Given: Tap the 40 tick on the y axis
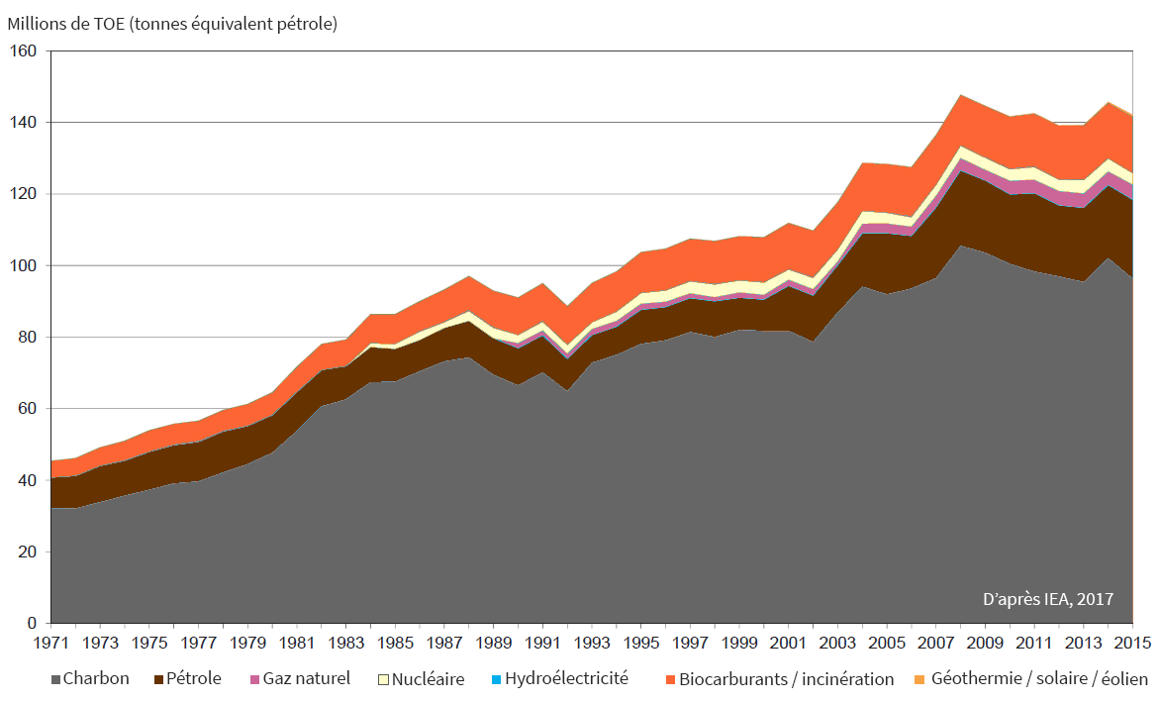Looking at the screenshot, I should pyautogui.click(x=27, y=480).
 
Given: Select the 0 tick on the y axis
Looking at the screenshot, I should pyautogui.click(x=32, y=623).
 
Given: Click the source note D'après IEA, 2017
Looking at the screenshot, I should pyautogui.click(x=1047, y=599).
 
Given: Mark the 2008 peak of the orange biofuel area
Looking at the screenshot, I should pyautogui.click(x=961, y=96).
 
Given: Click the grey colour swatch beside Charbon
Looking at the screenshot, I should pyautogui.click(x=54, y=680).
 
